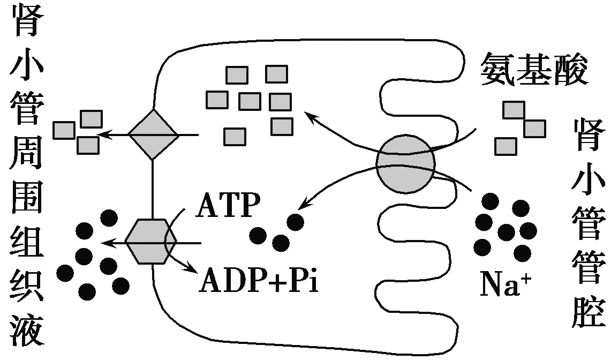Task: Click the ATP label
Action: click(228, 206)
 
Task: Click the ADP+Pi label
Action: click(259, 280)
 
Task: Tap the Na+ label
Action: click(503, 284)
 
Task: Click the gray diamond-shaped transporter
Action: click(154, 134)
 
